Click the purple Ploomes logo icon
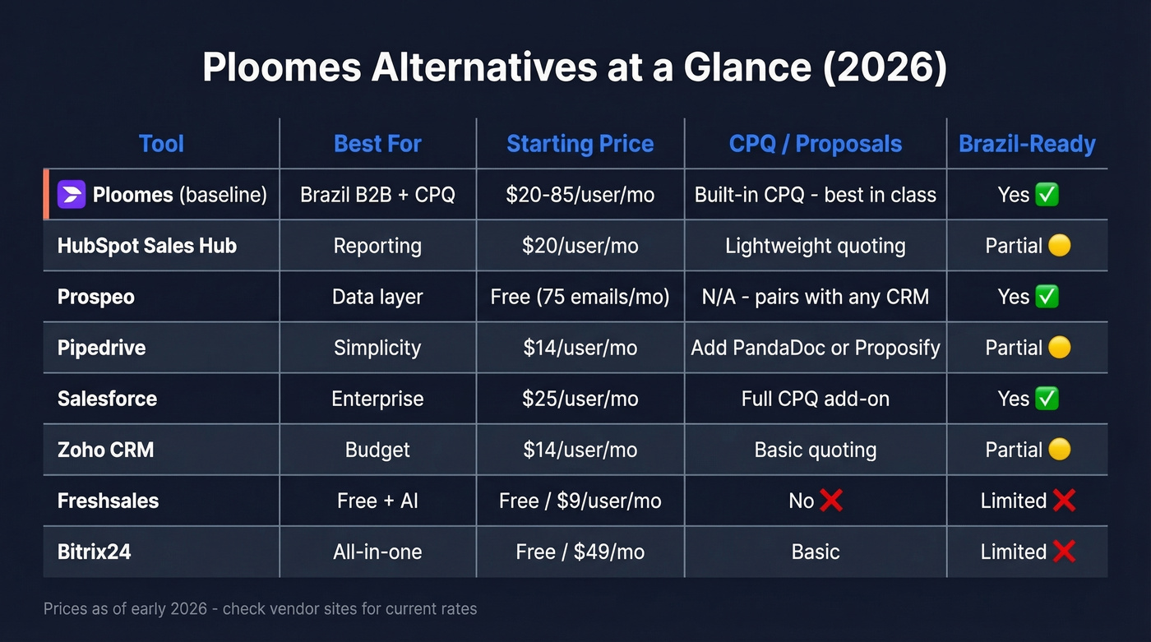point(72,195)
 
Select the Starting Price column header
point(580,144)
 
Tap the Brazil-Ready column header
point(1027,144)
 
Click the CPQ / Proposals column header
point(815,144)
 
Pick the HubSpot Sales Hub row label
point(147,246)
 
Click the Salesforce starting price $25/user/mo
point(580,399)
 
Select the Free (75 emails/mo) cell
point(580,297)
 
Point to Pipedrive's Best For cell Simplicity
point(377,348)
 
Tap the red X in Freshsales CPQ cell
point(831,501)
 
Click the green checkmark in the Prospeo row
point(1047,297)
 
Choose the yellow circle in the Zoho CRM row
point(1060,450)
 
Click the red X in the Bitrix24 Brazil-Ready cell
point(1064,552)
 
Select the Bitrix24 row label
point(95,552)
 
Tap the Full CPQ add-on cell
point(815,399)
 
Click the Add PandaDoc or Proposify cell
point(815,348)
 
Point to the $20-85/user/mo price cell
point(580,195)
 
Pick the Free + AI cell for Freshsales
point(377,501)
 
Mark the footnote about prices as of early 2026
point(260,609)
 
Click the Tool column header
point(161,144)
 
